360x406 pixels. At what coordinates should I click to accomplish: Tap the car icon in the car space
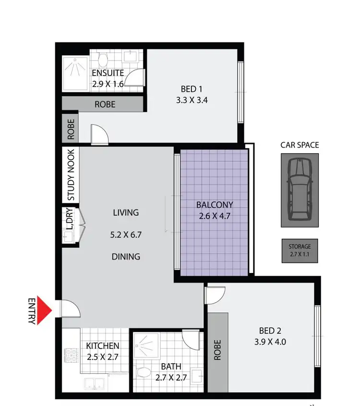click(300, 189)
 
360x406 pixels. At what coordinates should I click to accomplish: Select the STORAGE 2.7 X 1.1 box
click(300, 250)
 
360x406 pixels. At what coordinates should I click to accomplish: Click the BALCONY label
click(214, 205)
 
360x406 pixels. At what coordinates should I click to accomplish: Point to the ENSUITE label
click(108, 74)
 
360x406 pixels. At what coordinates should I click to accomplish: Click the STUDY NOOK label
click(71, 174)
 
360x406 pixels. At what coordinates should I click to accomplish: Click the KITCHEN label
click(103, 346)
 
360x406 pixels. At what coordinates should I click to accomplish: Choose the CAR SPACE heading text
click(300, 145)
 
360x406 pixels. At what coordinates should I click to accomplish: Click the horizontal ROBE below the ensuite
click(105, 104)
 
